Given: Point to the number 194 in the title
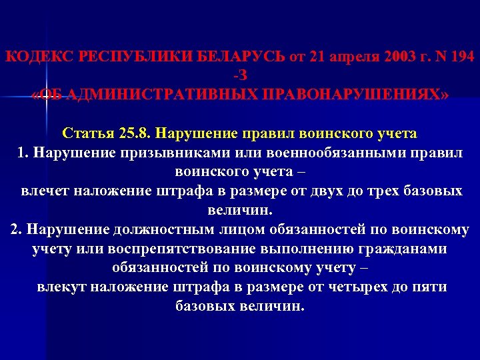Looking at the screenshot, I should (x=459, y=57).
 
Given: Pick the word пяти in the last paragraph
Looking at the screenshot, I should (x=429, y=287).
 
